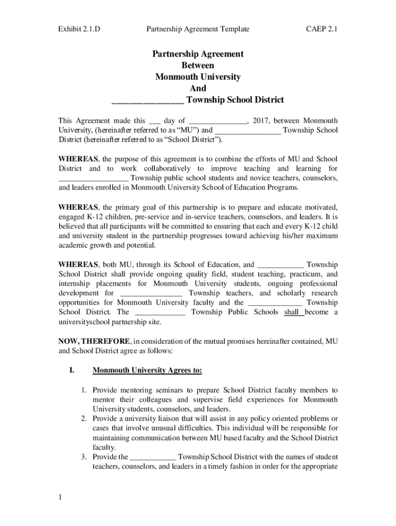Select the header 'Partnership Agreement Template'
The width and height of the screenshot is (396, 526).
pos(198,29)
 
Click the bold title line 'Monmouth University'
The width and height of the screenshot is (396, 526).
pos(198,77)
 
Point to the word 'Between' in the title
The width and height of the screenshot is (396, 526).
pos(198,65)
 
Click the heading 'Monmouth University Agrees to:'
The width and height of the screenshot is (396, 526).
pos(147,370)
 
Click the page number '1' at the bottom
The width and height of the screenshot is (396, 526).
pos(60,497)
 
